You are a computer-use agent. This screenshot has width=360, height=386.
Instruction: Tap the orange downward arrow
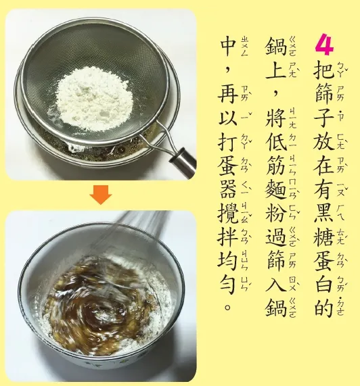[101, 195]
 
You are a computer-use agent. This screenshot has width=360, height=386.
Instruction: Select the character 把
[323, 72]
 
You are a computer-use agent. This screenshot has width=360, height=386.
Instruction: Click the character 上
[276, 72]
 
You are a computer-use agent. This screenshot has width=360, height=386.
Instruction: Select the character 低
[276, 143]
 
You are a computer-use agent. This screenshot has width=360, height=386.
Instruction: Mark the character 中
[228, 47]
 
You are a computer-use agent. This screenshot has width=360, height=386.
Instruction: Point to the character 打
[228, 143]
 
